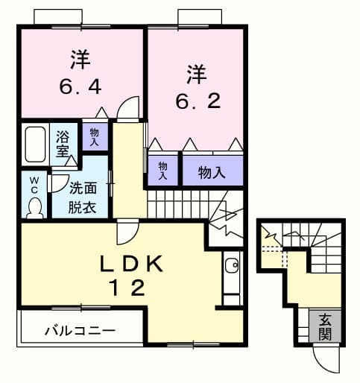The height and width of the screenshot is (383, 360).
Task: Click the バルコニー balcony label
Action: tap(79, 329)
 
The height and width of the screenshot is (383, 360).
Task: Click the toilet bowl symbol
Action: tap(34, 206)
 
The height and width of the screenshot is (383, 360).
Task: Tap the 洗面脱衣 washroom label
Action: tap(83, 198)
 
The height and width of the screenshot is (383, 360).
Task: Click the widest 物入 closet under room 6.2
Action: tap(212, 173)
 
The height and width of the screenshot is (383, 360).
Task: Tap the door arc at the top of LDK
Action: tap(126, 235)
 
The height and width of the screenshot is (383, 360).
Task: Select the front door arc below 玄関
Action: tap(323, 361)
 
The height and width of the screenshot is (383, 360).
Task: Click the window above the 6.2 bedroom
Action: tap(198, 16)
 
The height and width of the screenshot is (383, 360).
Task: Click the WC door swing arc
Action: tap(57, 183)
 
